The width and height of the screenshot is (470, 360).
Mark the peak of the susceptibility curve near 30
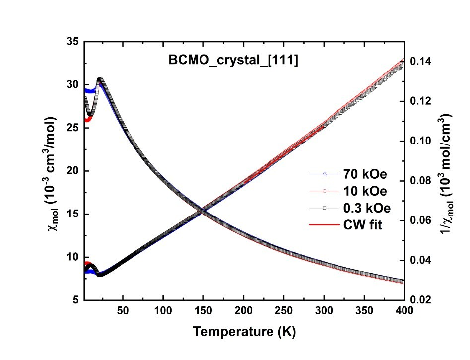tap(100, 79)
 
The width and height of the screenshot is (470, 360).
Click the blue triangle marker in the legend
tap(324, 174)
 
